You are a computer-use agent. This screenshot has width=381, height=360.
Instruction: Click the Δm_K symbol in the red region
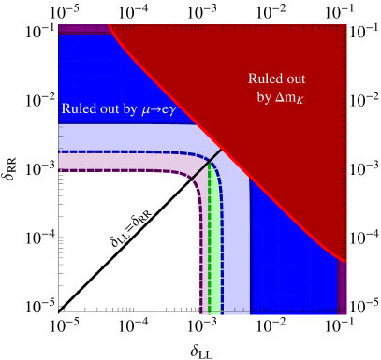pyautogui.click(x=289, y=96)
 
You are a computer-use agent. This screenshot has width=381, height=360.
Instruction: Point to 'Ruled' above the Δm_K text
pyautogui.click(x=268, y=79)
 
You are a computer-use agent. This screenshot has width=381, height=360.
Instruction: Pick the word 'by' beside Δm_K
pyautogui.click(x=264, y=96)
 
